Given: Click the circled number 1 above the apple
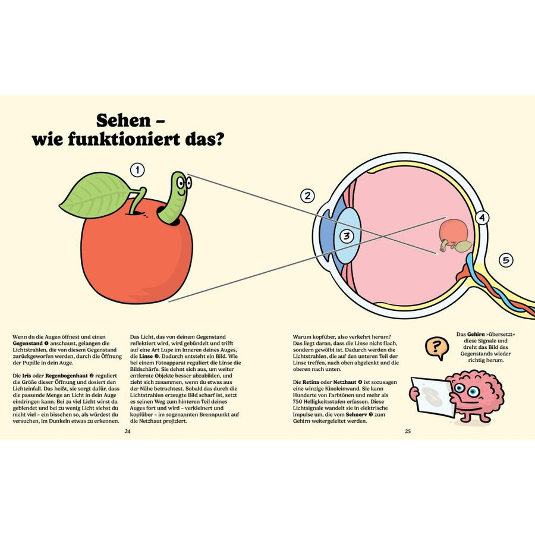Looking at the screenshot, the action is [x=137, y=170].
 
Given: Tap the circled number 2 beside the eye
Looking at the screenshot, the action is [x=307, y=196].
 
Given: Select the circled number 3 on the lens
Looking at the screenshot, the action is [x=347, y=236].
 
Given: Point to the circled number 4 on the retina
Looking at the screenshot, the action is [x=481, y=218].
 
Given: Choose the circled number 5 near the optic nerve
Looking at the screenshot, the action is [x=506, y=260].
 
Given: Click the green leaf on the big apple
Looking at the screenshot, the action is [x=95, y=195].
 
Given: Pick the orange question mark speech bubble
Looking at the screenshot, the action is [x=436, y=348].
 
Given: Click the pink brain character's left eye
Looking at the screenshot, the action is [x=460, y=388].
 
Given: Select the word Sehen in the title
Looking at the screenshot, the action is [x=123, y=121].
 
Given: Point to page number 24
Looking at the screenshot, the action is [x=127, y=432].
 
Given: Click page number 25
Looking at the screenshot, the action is [x=408, y=432].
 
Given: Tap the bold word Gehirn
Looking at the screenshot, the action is [x=476, y=334].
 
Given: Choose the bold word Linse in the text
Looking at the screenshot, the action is [x=146, y=356].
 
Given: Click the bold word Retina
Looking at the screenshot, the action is [x=311, y=382].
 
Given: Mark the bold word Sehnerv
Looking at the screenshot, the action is [x=357, y=414].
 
